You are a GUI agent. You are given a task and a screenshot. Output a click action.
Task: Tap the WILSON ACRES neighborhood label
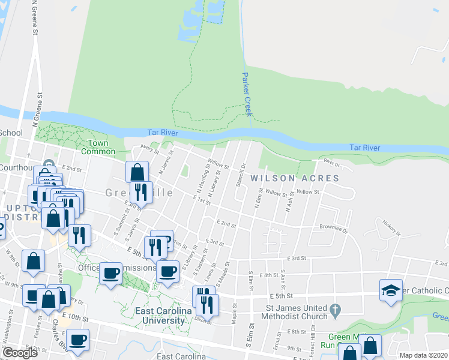click(295, 178)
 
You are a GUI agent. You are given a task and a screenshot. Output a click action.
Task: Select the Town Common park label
click(98, 147)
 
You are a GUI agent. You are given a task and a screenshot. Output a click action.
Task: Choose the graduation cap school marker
click(391, 290)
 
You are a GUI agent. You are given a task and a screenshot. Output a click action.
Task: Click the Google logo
click(20, 353)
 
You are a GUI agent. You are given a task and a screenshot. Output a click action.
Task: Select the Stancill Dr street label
click(242, 175)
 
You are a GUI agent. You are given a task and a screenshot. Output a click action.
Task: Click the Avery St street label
click(148, 146)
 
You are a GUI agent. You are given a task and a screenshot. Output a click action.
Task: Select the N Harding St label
click(203, 179)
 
